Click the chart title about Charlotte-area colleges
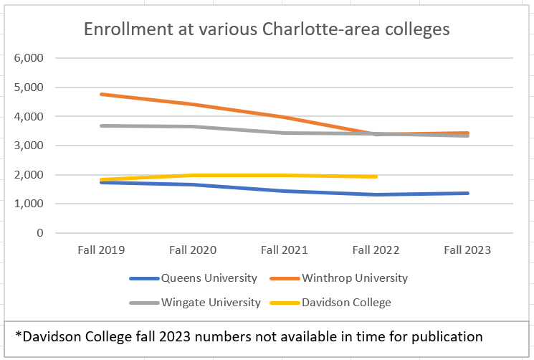pos(267,29)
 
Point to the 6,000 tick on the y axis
pos(29,58)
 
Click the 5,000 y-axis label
pos(29,87)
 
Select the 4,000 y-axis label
pos(29,116)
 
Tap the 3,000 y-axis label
pos(29,146)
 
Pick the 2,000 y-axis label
pos(29,175)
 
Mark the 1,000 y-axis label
pos(29,204)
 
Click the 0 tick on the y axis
pos(39,233)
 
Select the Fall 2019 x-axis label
pos(101,250)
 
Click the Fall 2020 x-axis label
pos(193,250)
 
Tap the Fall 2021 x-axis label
pos(285,250)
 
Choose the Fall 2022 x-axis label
pos(376,250)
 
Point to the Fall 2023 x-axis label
pos(467,250)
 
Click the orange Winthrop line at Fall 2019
pos(101,94)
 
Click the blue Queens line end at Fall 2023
pos(467,193)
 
